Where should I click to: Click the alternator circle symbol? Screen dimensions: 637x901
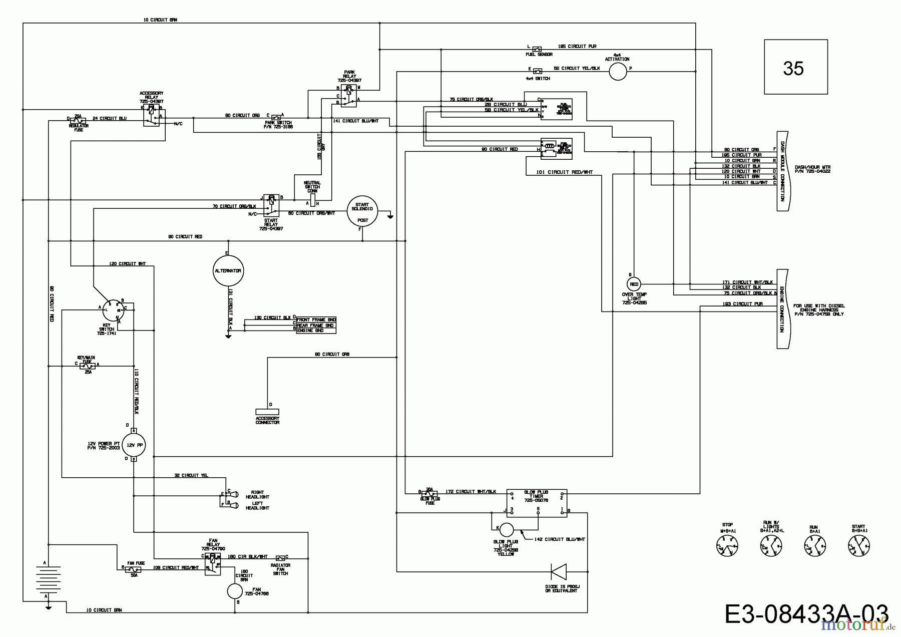(228, 270)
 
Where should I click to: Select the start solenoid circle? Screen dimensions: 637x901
(362, 211)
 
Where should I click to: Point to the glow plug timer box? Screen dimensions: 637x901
(537, 503)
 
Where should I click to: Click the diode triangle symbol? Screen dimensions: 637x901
(559, 571)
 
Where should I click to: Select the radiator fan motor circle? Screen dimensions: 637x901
(235, 591)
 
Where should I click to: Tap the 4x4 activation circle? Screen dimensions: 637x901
(618, 72)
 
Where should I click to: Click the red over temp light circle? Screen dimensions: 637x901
(634, 283)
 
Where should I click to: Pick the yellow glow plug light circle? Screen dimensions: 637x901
(506, 530)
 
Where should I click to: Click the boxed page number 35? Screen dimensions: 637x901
(795, 67)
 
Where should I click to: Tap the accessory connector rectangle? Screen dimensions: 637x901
(267, 411)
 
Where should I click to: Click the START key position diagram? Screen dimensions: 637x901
(859, 545)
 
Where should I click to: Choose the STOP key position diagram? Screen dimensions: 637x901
(727, 545)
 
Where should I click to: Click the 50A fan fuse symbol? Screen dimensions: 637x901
(133, 569)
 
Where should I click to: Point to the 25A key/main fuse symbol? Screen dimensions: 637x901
(88, 366)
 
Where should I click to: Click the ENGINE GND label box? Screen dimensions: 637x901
(316, 331)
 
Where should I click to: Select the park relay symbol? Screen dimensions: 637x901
(349, 96)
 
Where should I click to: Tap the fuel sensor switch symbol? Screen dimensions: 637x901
(537, 49)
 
